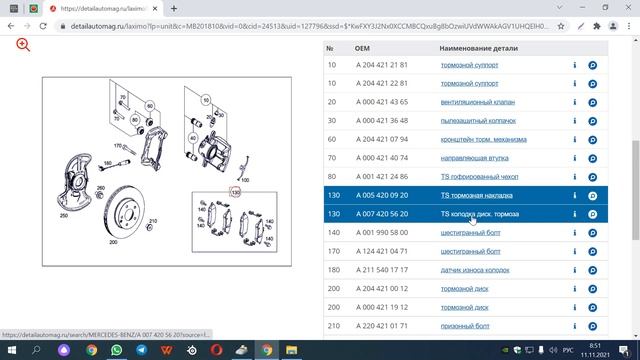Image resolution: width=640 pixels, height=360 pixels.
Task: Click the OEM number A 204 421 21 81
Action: coord(383,65)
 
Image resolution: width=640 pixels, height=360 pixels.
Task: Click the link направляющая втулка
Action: coord(474,158)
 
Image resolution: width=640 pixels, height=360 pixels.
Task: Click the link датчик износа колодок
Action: coord(477,270)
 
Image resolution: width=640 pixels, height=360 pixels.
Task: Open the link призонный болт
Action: coord(465,326)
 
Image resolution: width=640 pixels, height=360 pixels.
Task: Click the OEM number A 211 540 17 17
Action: coord(383,270)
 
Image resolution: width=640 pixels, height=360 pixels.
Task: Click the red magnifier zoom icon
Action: coord(23,45)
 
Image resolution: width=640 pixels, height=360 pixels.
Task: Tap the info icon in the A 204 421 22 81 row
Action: coord(575,84)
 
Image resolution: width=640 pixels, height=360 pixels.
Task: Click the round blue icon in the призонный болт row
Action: coord(592,326)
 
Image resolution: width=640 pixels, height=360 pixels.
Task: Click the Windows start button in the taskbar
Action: coord(11,350)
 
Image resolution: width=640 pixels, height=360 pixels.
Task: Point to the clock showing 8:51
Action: coord(609,345)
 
